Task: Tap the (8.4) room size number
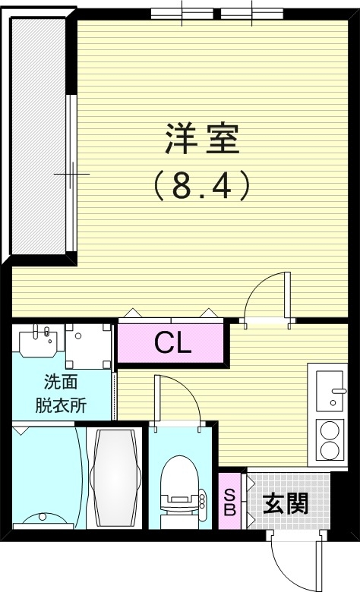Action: click(202, 184)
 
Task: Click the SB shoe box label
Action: click(229, 501)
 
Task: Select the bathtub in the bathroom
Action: click(115, 479)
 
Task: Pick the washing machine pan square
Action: click(87, 344)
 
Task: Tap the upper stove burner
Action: click(330, 431)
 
